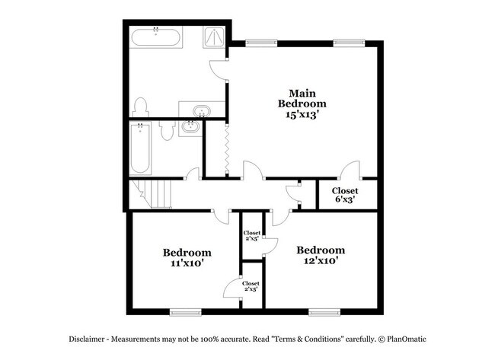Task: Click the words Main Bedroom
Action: click(302, 97)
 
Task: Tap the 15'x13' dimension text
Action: click(302, 115)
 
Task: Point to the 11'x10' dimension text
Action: click(187, 263)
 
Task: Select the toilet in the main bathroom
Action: click(140, 107)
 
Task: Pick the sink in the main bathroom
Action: click(202, 110)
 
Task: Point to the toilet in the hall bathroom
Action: click(166, 131)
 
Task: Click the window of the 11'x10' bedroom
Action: click(185, 311)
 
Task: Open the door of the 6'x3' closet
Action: click(350, 171)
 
